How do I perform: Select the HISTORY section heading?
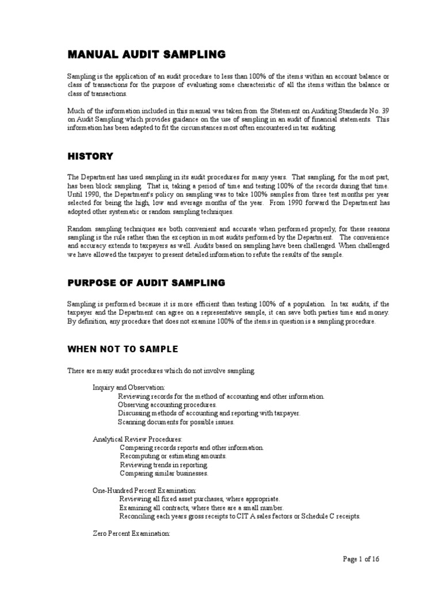pos(90,156)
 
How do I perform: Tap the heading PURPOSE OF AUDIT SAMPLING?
pos(146,283)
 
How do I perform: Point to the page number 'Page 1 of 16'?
pos(361,558)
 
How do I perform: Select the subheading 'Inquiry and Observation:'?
pos(129,387)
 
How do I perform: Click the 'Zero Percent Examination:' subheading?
pos(131,534)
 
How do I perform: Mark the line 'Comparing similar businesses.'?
pos(164,473)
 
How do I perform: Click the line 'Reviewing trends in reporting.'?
pos(163,464)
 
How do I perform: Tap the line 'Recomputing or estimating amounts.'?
pos(173,456)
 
